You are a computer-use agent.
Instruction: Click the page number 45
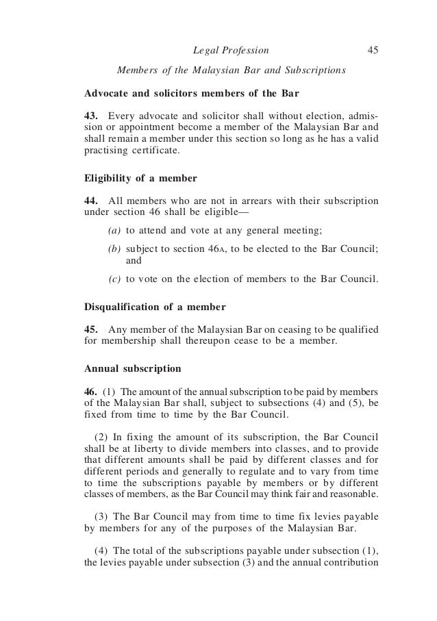coord(373,49)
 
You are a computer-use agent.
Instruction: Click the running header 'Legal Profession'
coord(232,49)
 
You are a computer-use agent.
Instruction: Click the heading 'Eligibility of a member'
coord(140,178)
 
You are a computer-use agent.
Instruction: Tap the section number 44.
coord(90,201)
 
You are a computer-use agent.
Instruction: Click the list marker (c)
coord(115,279)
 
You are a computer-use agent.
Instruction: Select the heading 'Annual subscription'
coord(132,368)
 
